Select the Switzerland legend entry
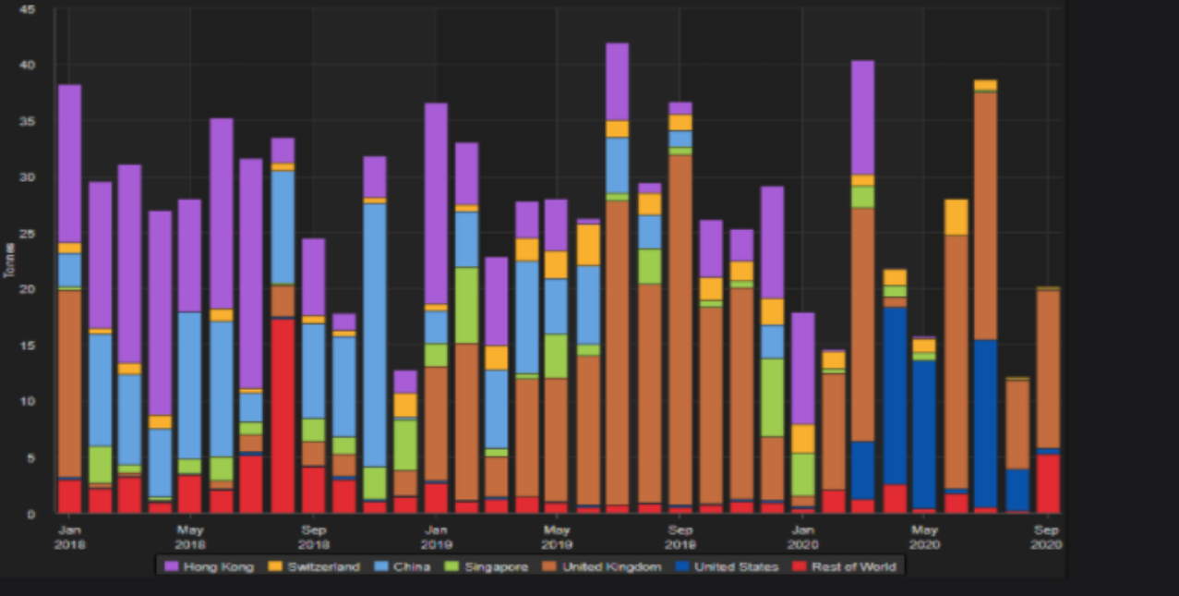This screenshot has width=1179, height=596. [314, 566]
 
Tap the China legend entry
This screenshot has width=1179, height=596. [403, 566]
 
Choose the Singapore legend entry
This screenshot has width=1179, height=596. [487, 566]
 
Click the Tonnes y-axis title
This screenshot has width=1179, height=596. [9, 260]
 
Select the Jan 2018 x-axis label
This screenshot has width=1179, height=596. [69, 537]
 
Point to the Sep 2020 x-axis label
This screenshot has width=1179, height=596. [1046, 537]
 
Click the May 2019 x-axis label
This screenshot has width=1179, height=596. [556, 537]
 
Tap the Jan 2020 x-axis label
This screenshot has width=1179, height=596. [803, 537]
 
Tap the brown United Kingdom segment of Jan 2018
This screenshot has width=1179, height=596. [70, 383]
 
